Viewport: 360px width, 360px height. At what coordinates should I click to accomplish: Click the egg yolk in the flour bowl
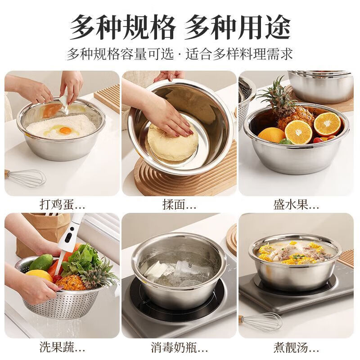coord(65,130)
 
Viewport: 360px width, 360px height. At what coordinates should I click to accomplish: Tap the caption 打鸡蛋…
coord(62,205)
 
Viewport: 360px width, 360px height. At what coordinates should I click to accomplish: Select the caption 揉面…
coord(179,205)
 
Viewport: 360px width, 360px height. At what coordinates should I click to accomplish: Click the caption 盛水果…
coord(296,205)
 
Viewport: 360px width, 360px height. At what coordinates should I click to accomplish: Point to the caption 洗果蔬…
coord(62,347)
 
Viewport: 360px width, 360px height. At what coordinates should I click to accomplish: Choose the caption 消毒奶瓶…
coord(179,347)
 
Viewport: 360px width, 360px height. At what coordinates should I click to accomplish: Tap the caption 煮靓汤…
coord(296,347)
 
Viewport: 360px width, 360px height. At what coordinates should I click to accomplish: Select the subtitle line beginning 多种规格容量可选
coord(180,54)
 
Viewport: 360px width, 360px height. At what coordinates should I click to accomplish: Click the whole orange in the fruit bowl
coord(271,135)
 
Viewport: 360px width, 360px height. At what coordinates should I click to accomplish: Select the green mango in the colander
coord(41,262)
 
